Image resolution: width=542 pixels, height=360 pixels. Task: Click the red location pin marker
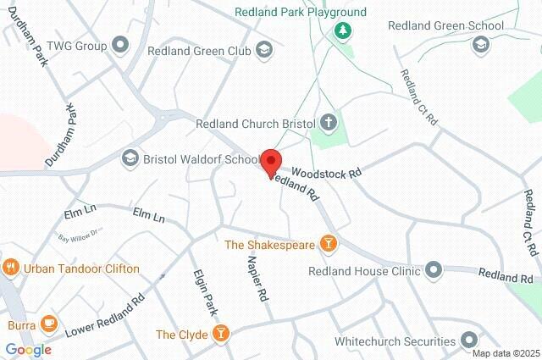(271, 162)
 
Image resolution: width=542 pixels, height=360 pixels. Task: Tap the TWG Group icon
(120, 44)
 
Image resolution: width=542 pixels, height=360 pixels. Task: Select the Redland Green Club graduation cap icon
(264, 50)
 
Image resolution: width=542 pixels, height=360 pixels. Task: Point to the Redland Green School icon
(480, 44)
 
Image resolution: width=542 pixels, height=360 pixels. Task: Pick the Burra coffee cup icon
(48, 324)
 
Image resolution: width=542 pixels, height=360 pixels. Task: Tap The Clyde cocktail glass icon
(221, 334)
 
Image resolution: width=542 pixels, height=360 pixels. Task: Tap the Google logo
(28, 349)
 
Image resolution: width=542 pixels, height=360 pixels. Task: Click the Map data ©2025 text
(505, 353)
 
